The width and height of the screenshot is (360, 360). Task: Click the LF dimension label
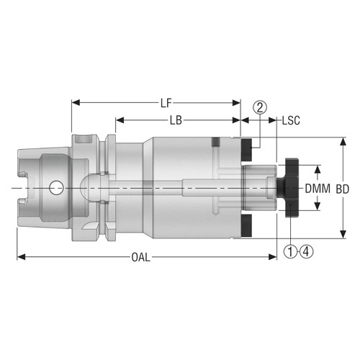[165, 102]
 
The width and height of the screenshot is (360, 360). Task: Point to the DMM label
[318, 189]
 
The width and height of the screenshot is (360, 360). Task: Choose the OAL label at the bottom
[141, 257]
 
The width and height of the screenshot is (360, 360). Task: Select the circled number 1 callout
[289, 251]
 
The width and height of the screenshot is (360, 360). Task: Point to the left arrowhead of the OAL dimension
[20, 257]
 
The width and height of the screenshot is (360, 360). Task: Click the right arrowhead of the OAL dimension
[274, 257]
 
